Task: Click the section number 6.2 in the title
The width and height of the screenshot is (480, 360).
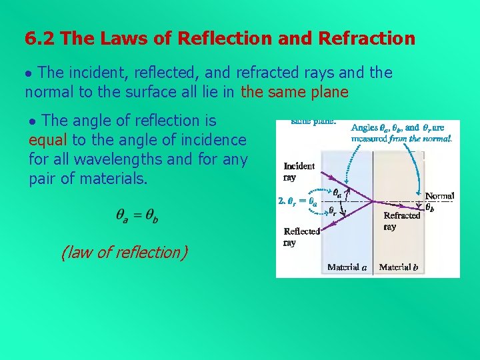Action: point(40,38)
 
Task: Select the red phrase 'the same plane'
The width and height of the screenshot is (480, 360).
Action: point(295,92)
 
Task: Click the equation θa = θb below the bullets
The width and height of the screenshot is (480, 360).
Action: point(137,215)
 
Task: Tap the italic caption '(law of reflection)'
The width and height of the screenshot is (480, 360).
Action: point(125,252)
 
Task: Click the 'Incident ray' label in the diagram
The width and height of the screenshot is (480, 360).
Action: point(299,171)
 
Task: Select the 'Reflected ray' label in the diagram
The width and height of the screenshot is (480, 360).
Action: point(302,237)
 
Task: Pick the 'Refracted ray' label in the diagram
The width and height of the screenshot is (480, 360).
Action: point(401,221)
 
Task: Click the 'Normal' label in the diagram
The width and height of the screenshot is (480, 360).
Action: point(439,196)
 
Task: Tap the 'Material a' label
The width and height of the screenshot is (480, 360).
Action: point(347,267)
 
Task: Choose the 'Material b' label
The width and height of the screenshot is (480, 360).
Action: point(399,267)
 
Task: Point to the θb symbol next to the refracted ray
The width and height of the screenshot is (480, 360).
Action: point(431,207)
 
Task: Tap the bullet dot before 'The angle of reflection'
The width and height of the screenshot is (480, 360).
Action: point(33,121)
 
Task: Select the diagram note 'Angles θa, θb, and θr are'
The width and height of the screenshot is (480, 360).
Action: point(401,127)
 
